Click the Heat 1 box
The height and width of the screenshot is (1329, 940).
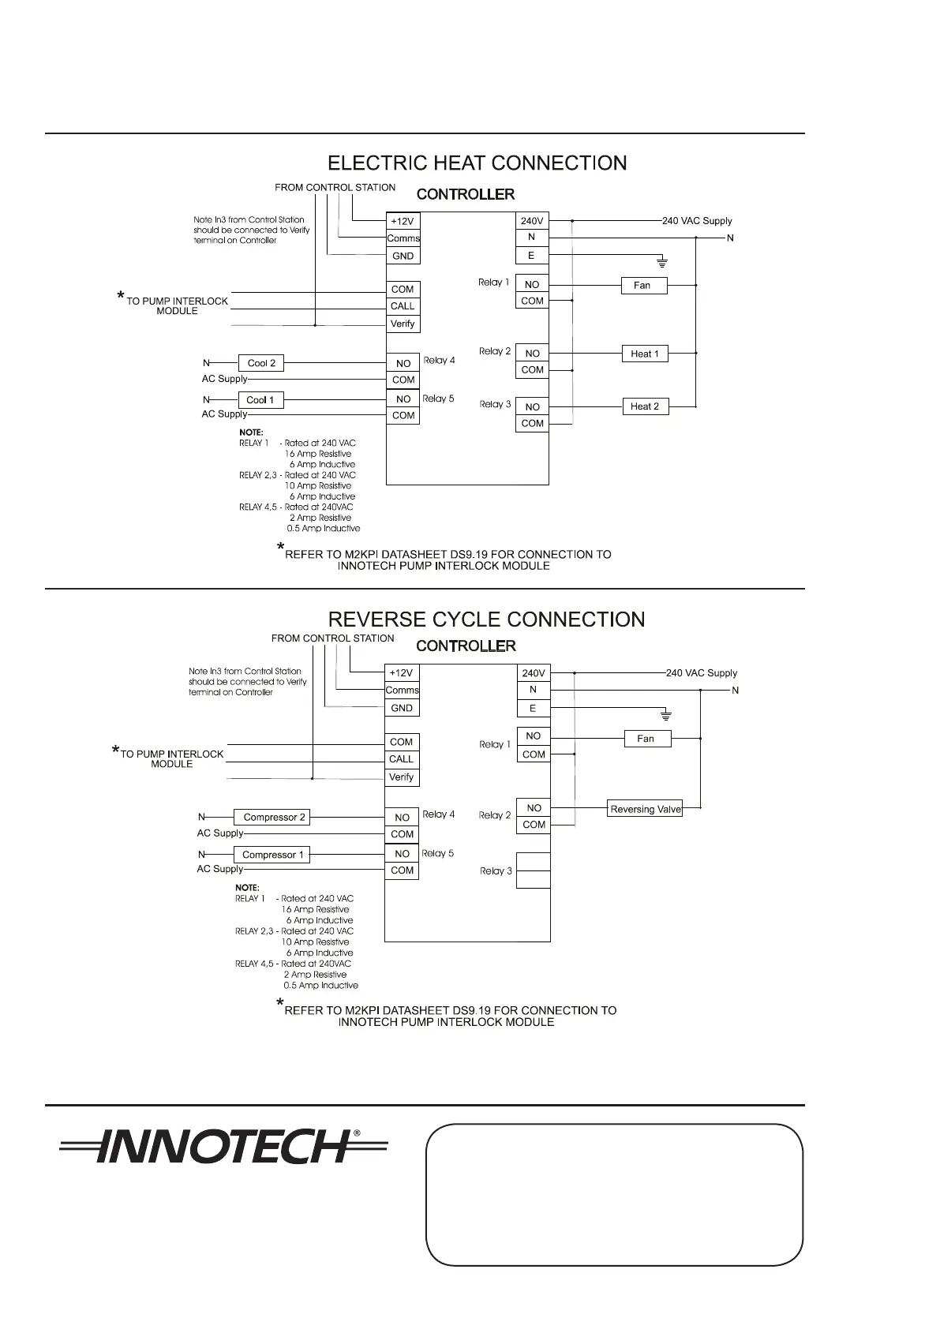[x=645, y=354]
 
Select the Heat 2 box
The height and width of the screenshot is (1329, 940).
[x=645, y=406]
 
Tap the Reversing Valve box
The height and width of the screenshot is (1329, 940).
[x=645, y=809]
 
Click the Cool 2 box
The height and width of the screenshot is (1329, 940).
[x=261, y=363]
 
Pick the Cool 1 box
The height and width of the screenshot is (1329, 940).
[x=260, y=400]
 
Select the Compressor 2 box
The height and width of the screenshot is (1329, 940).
[x=272, y=818]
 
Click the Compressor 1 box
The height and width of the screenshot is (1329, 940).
[x=272, y=855]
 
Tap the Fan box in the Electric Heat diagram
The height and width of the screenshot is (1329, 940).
[x=642, y=285]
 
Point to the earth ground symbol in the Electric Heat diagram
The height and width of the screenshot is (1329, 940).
[x=663, y=261]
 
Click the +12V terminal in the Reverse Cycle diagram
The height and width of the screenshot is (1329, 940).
[x=401, y=673]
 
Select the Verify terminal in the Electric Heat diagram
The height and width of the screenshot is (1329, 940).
[x=403, y=324]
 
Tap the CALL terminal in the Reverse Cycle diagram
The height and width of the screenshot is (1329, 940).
[x=401, y=759]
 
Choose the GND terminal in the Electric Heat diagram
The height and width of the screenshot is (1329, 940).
[x=403, y=256]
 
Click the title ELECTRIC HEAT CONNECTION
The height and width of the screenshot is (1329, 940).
[x=477, y=163]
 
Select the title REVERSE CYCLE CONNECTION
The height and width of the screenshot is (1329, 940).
[x=486, y=620]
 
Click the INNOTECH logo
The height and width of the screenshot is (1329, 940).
[x=223, y=1147]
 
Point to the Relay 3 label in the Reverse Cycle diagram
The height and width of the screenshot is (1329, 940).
[x=496, y=871]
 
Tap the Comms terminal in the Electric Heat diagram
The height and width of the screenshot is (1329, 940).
[x=403, y=238]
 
